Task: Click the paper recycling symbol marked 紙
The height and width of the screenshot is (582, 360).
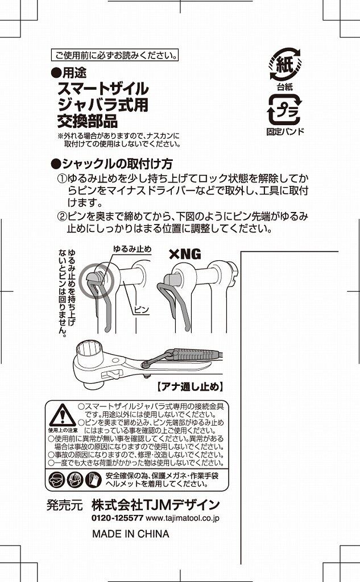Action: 285,64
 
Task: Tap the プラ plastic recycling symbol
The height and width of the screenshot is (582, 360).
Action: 284,110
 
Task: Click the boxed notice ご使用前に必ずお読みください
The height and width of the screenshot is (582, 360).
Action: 114,55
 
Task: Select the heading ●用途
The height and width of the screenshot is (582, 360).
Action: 69,72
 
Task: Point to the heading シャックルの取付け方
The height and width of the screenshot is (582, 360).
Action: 112,163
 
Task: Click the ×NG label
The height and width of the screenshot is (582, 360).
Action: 185,254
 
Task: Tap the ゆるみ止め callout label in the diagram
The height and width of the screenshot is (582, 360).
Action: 133,249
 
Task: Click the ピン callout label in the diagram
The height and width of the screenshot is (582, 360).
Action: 141,309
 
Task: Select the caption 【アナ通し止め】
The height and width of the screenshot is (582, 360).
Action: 190,387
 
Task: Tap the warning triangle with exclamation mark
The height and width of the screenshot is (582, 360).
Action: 63,415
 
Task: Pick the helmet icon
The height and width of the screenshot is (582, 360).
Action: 75,480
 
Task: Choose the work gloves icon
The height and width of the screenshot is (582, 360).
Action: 94,480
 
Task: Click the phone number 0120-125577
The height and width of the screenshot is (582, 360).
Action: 117,518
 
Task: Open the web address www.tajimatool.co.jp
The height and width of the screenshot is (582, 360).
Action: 183,518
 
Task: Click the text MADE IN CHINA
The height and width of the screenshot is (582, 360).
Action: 130,534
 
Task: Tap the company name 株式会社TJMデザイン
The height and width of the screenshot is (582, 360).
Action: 156,505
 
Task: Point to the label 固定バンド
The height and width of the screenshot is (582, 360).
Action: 285,131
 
